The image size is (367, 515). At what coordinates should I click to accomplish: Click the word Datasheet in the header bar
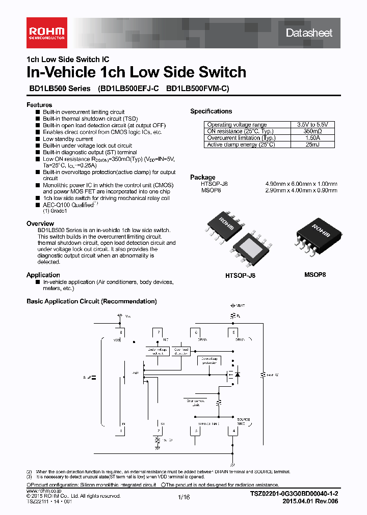(309, 33)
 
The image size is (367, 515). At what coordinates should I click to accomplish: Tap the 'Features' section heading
(39, 105)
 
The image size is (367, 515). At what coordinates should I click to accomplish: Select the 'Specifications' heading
(211, 111)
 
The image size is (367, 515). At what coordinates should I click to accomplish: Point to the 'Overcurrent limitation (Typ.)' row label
(241, 138)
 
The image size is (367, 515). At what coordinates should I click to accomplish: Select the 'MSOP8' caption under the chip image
(315, 274)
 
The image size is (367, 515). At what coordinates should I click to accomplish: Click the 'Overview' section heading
(40, 223)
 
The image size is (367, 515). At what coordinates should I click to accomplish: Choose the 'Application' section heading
(43, 275)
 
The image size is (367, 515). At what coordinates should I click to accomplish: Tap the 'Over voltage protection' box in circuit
(212, 360)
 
